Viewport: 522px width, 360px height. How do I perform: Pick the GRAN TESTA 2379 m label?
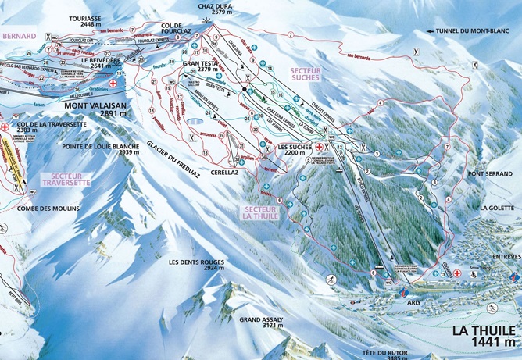[200, 66]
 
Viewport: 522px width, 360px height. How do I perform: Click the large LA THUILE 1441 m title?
[484, 335]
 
